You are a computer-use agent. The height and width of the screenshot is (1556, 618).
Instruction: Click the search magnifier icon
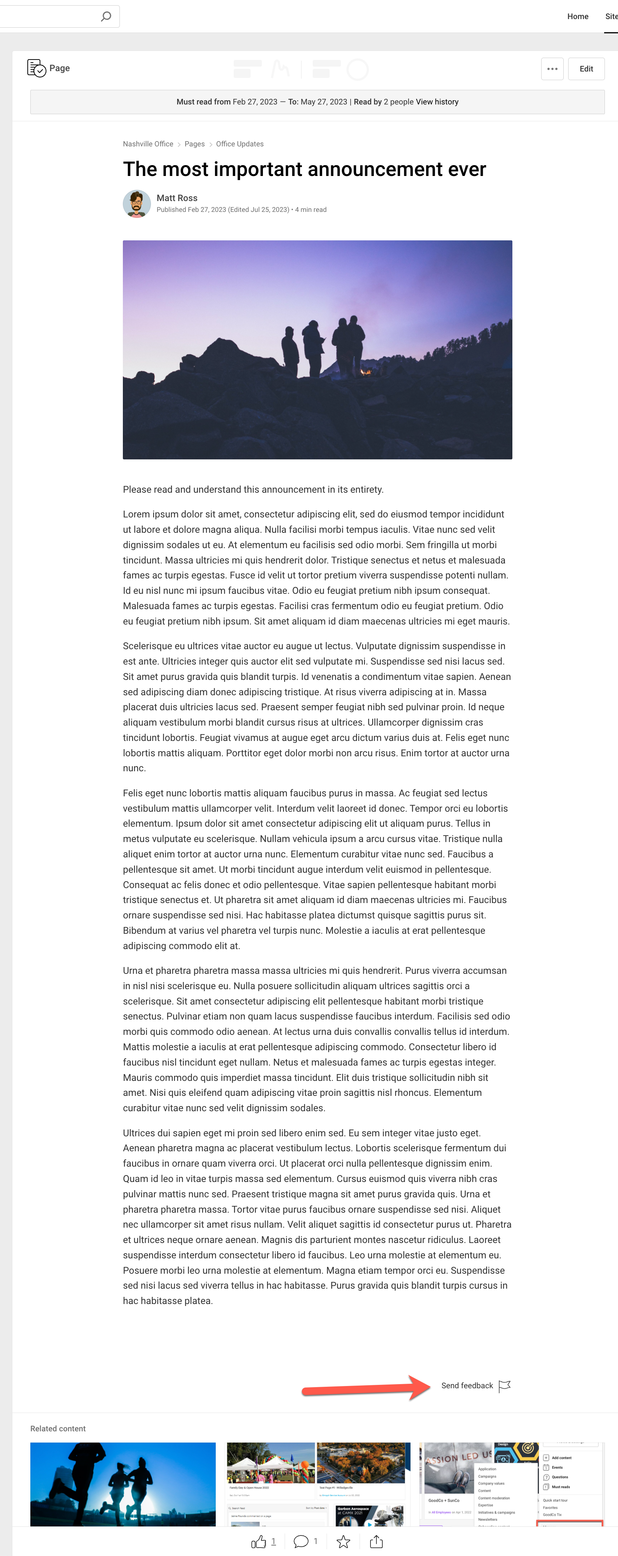click(x=106, y=16)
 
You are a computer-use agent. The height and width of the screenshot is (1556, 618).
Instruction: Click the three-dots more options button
click(x=552, y=69)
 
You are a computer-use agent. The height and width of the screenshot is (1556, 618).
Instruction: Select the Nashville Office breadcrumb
click(x=148, y=144)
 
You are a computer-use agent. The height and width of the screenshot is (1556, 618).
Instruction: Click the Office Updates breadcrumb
click(x=239, y=144)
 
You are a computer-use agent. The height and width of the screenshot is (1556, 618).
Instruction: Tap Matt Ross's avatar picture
click(x=137, y=204)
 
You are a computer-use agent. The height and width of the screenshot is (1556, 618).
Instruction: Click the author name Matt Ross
click(x=176, y=198)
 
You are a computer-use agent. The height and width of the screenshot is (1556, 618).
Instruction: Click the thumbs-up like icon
click(x=258, y=1541)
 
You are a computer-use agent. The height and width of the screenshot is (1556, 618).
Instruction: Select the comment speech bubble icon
click(x=300, y=1541)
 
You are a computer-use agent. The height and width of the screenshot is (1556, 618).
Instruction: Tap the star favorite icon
click(x=343, y=1541)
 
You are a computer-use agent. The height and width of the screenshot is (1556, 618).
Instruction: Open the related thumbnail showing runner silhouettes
click(x=122, y=1483)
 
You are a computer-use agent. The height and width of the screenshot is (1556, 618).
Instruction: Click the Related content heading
click(x=58, y=1429)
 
